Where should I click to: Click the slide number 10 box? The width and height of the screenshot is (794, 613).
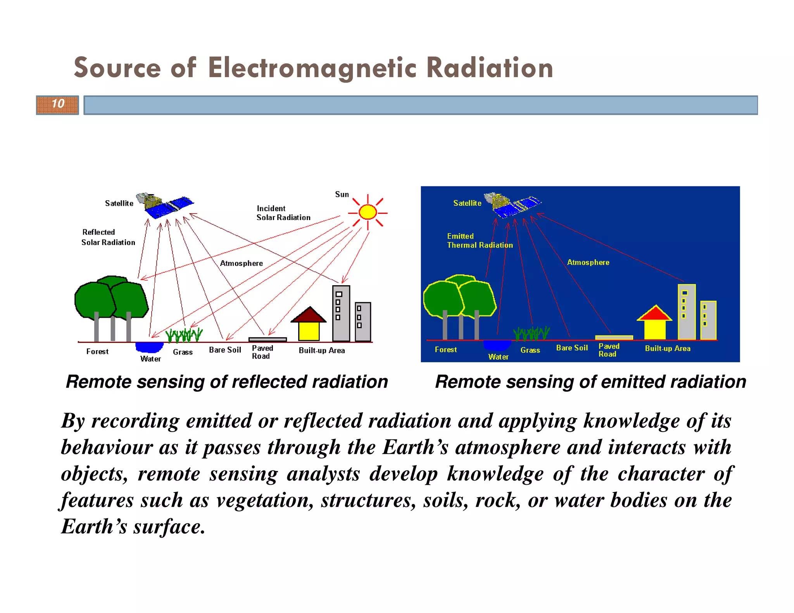coord(57,105)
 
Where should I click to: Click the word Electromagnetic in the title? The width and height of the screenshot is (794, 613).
coord(312,68)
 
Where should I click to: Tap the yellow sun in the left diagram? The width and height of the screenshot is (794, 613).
coord(368,212)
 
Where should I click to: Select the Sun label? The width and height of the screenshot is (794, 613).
coord(342,194)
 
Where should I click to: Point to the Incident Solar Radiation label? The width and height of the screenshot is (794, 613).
coord(283,213)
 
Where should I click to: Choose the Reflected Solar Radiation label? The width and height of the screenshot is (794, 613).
coord(108,237)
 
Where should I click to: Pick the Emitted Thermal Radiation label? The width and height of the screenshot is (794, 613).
coord(479,241)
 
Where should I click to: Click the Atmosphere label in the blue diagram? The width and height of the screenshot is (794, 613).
coord(588,262)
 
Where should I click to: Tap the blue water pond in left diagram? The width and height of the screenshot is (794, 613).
coord(149,346)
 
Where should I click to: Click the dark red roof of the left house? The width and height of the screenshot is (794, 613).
coord(309,315)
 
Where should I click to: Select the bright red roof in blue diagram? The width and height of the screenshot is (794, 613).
coord(654,313)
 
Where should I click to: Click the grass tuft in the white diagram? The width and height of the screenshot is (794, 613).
coord(184,335)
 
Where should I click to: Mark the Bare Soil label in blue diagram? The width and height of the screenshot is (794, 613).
coord(571,348)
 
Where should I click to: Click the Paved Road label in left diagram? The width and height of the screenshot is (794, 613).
coord(262,352)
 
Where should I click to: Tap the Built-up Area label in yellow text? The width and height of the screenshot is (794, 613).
coord(667,348)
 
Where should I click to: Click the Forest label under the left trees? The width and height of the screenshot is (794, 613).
coord(97,351)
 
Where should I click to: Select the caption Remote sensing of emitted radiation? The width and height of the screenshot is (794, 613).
coord(590,382)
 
